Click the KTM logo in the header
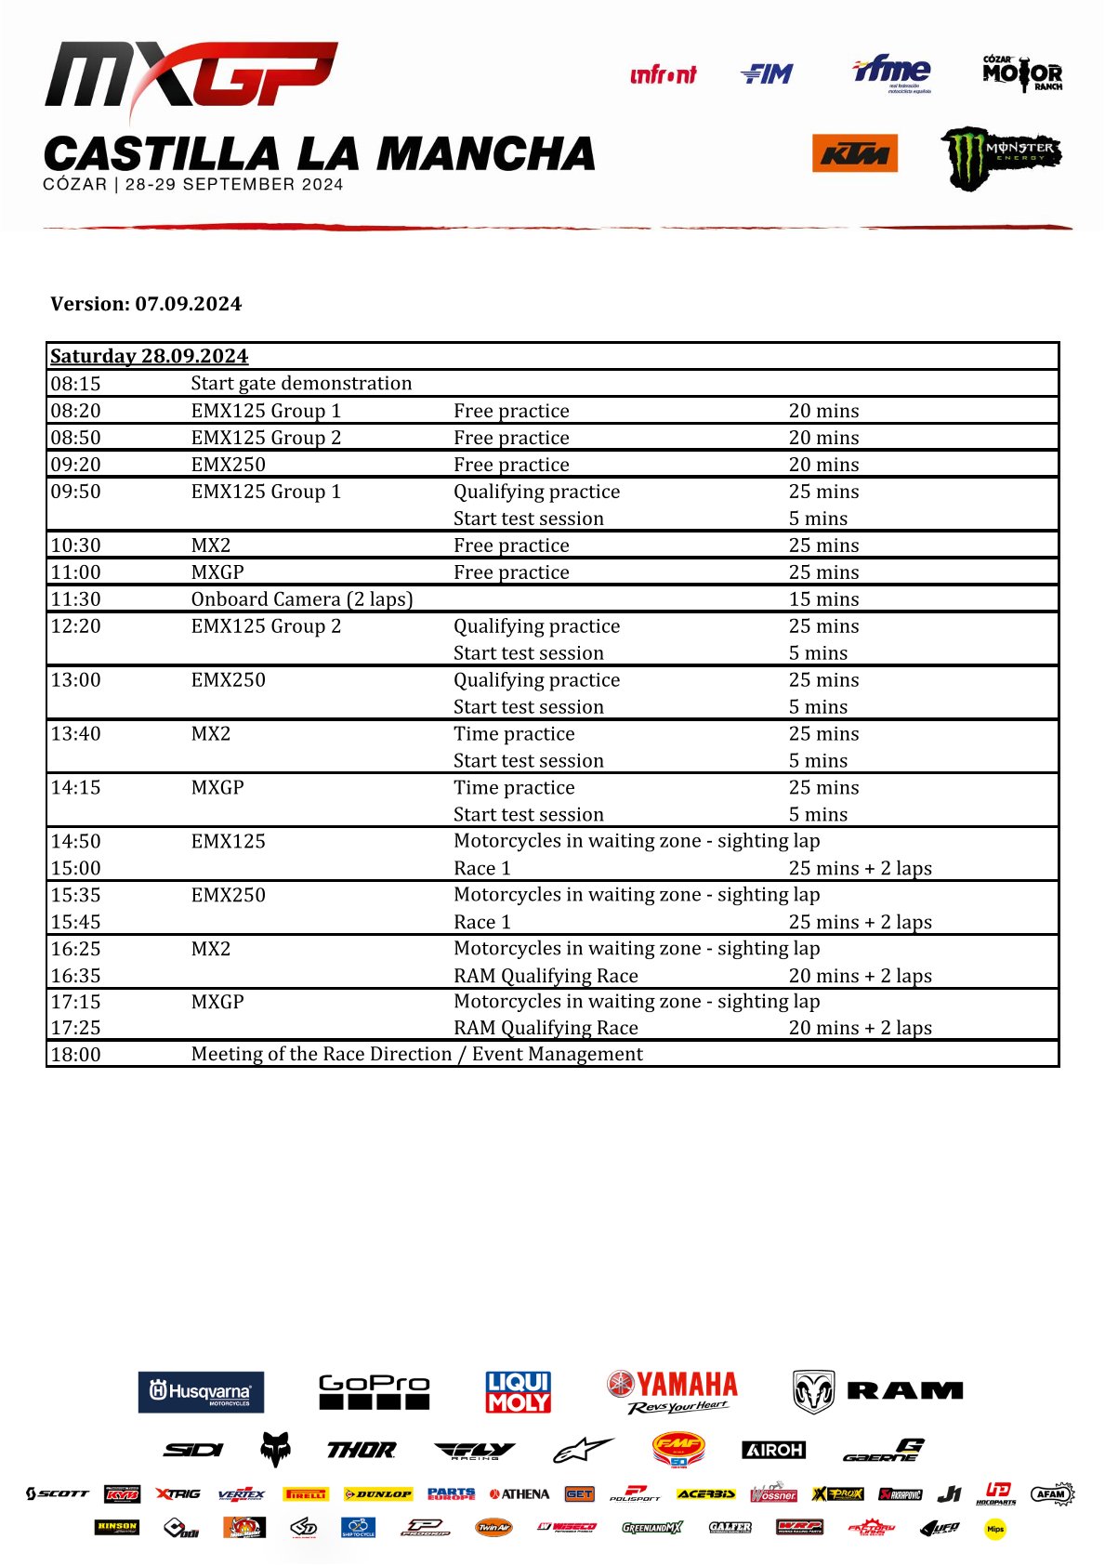[x=854, y=153]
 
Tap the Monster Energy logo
[x=1000, y=157]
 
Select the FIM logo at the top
[x=767, y=73]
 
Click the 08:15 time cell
[x=75, y=384]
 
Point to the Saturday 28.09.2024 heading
[x=149, y=356]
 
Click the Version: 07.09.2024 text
[x=146, y=304]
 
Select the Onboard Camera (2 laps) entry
[x=302, y=599]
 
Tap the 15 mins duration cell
[x=823, y=599]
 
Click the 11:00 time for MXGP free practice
[x=75, y=572]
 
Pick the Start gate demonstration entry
[x=301, y=384]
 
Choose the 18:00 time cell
[x=75, y=1055]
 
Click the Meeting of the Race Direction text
[x=416, y=1054]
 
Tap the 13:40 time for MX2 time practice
[x=75, y=734]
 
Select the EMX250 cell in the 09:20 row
[x=228, y=465]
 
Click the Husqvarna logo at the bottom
[x=201, y=1392]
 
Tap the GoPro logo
[x=374, y=1391]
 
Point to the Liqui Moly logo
[x=519, y=1392]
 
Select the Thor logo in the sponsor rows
[x=362, y=1450]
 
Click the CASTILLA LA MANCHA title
[x=319, y=154]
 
